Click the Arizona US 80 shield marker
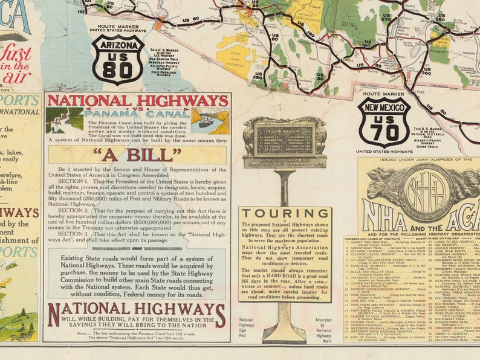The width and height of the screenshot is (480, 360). [118, 59]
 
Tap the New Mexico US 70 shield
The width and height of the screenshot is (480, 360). [384, 122]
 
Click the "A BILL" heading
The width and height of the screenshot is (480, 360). [137, 155]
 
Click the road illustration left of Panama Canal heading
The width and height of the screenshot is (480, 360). [65, 120]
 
